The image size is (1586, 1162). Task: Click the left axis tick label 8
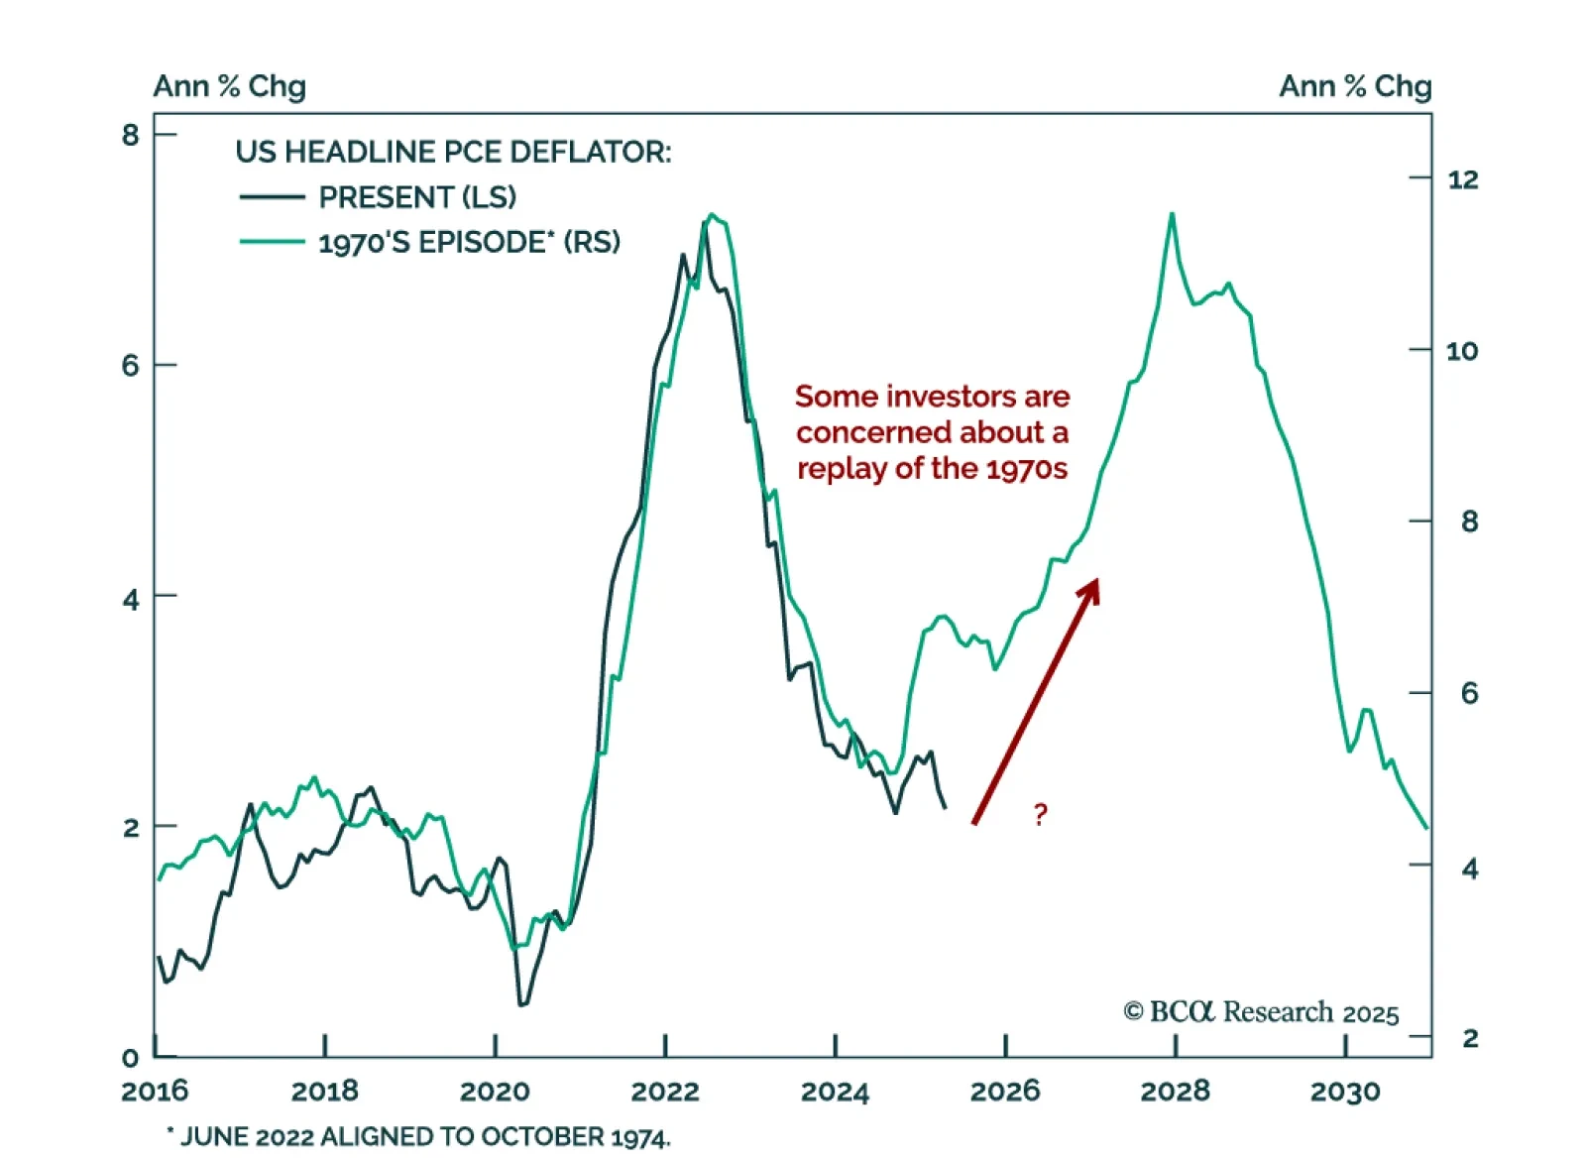[x=131, y=135]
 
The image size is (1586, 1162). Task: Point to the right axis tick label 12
[x=1462, y=179]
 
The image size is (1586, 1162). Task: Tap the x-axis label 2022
[x=665, y=1092]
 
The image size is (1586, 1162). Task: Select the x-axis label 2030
[x=1345, y=1092]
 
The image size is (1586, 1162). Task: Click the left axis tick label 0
[x=131, y=1058]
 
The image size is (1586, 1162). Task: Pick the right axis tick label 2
[x=1470, y=1038]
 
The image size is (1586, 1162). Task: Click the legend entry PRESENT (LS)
[x=417, y=197]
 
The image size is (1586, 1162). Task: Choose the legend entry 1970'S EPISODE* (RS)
[x=469, y=243]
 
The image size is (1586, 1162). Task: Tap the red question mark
[x=1040, y=814]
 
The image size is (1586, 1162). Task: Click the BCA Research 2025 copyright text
[x=1261, y=1011]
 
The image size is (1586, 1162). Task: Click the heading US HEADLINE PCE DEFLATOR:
[x=453, y=152]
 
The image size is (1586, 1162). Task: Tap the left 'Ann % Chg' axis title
[x=229, y=86]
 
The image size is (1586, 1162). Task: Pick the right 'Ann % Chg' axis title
[x=1355, y=86]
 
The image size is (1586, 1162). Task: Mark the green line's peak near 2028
[x=1172, y=214]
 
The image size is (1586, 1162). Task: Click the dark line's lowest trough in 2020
[x=522, y=1004]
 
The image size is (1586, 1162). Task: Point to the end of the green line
[x=1426, y=828]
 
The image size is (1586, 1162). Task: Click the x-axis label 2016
[x=155, y=1092]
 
